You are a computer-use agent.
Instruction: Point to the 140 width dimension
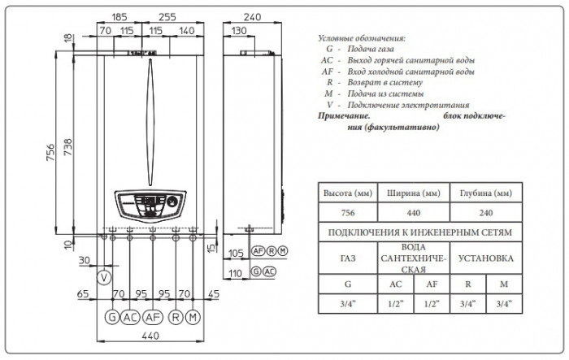point(185,30)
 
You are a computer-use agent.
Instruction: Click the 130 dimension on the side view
point(239,30)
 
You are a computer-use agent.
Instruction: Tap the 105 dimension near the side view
point(237,251)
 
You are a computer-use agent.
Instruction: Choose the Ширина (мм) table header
point(415,193)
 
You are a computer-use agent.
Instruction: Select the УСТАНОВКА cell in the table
point(485,260)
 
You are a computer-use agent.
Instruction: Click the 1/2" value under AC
point(396,306)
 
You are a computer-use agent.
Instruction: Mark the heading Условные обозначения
point(359,38)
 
